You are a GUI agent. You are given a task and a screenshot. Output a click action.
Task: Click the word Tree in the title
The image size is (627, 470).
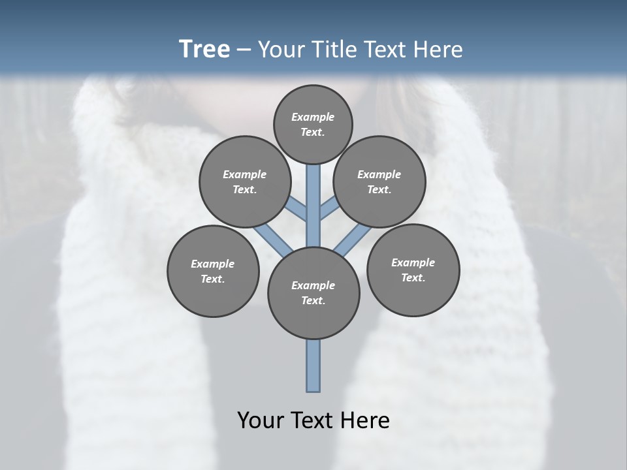[204, 49]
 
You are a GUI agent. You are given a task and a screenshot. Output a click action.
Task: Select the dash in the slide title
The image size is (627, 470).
[244, 50]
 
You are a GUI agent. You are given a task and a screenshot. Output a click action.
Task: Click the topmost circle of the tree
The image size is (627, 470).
[313, 124]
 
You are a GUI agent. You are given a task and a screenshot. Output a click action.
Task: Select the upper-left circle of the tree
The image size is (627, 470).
[245, 181]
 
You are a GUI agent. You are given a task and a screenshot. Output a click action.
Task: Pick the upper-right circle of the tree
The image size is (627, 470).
[379, 181]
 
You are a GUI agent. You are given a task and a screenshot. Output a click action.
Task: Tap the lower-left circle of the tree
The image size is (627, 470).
[213, 271]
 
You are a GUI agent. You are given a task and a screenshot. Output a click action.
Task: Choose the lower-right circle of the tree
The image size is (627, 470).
[413, 270]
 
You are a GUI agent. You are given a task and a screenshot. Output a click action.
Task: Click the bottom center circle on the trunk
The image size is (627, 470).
[313, 293]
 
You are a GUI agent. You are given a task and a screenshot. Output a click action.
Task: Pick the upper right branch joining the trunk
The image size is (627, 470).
[329, 209]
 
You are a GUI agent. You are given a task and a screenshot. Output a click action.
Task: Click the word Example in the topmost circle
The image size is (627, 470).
[313, 117]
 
